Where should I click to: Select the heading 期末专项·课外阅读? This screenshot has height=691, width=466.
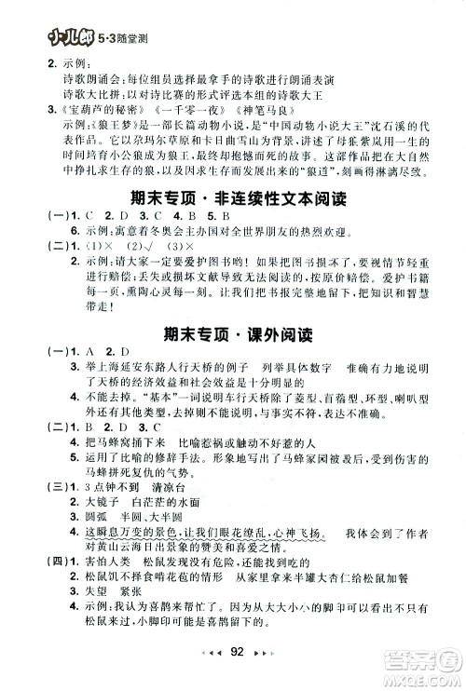pos(232,332)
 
